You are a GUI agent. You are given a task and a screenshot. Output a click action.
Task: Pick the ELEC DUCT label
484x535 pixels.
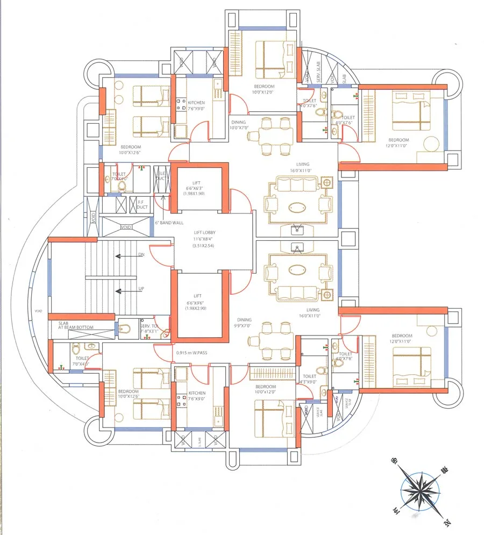point(161,176)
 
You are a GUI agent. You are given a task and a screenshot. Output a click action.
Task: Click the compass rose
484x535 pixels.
point(420,490)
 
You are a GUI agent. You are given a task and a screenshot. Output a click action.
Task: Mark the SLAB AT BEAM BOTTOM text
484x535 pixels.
point(75,325)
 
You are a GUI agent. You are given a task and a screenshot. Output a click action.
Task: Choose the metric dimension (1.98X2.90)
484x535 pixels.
point(195,308)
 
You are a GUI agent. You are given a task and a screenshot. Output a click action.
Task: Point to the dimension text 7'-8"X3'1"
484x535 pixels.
point(149,332)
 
